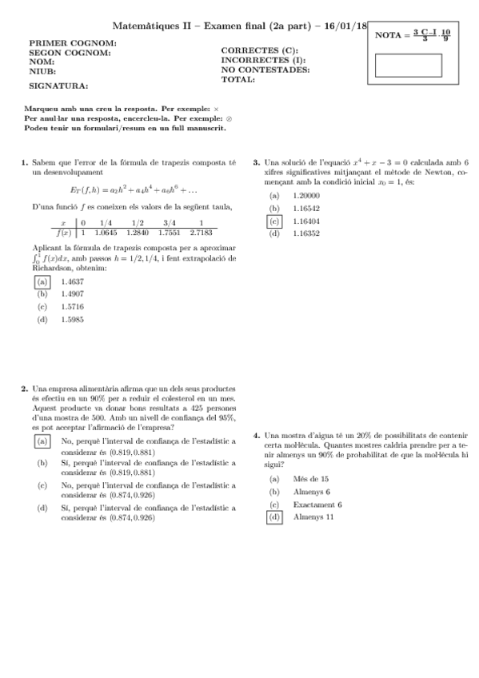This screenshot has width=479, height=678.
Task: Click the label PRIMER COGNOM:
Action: click(73, 43)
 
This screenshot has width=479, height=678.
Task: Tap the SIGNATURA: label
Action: click(58, 85)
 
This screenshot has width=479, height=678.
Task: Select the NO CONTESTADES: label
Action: click(265, 70)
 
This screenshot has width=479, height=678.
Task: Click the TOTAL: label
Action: click(238, 79)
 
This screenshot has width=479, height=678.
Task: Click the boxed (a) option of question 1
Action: click(42, 281)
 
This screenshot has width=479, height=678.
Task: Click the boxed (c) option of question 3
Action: click(274, 221)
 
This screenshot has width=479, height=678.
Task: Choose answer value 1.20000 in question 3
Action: click(306, 195)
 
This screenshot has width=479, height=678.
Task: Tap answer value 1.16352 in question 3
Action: click(306, 233)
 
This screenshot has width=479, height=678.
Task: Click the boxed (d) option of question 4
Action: click(274, 517)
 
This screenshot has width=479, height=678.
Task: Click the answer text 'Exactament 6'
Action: click(317, 505)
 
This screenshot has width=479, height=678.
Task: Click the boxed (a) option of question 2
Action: click(42, 441)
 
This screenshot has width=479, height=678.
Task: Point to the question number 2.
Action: click(25, 390)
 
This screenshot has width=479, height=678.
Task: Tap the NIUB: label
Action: click(42, 71)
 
